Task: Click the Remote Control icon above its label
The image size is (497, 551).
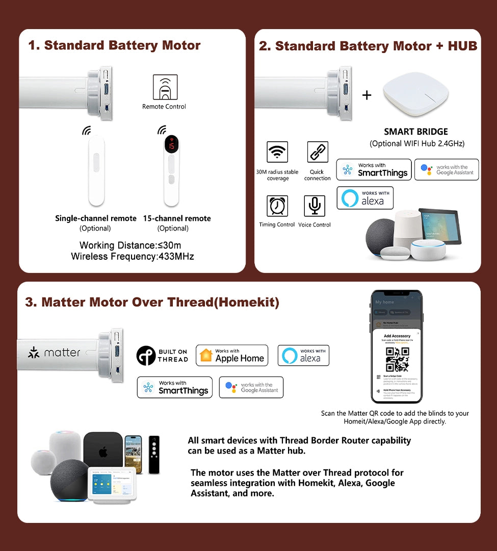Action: tap(165, 87)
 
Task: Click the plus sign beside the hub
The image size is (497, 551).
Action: tap(367, 95)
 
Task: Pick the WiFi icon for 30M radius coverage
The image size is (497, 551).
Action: tap(277, 152)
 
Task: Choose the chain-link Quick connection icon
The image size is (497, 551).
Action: tap(317, 152)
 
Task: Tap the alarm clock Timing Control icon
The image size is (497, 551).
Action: tap(277, 206)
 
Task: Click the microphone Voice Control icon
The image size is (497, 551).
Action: tap(315, 206)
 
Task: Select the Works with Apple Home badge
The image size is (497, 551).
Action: tap(232, 355)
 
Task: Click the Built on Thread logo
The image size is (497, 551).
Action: tap(162, 356)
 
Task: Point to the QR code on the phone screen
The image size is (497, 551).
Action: tap(397, 359)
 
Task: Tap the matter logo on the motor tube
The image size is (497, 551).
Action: tap(54, 353)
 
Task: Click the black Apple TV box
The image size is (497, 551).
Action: tap(103, 451)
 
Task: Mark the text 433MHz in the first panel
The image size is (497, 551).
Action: tap(176, 257)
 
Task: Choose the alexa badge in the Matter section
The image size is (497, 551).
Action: tap(303, 355)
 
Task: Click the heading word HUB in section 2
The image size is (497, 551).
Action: tap(462, 46)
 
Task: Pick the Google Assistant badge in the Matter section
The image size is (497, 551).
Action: tap(251, 387)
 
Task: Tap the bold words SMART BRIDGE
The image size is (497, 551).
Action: tap(416, 132)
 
